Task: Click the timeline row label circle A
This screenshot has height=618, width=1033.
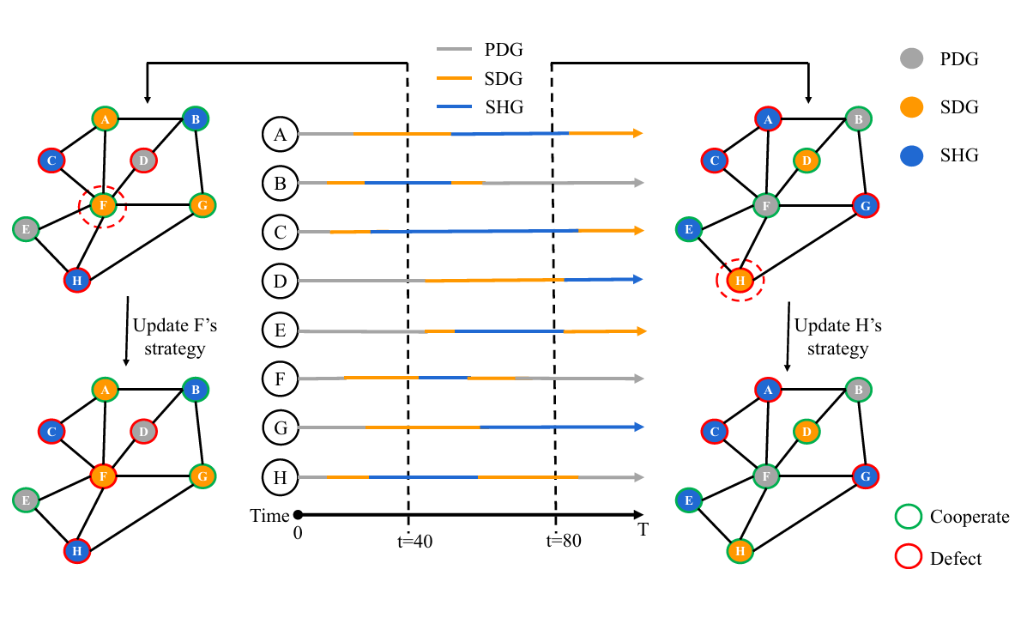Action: [280, 134]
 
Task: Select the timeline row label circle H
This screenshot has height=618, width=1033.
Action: [280, 477]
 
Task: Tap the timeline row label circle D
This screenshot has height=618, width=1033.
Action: [280, 280]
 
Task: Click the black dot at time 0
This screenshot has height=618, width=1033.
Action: [298, 515]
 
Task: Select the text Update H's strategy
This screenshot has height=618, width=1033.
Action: [831, 336]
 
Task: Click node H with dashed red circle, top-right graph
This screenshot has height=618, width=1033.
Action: [740, 280]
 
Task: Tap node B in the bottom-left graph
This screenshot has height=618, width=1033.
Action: [196, 390]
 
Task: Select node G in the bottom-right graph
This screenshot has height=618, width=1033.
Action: [865, 476]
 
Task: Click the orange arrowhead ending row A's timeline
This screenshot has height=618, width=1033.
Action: [637, 133]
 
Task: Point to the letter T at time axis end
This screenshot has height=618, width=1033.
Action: [643, 530]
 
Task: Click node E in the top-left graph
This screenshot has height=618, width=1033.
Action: [26, 229]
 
